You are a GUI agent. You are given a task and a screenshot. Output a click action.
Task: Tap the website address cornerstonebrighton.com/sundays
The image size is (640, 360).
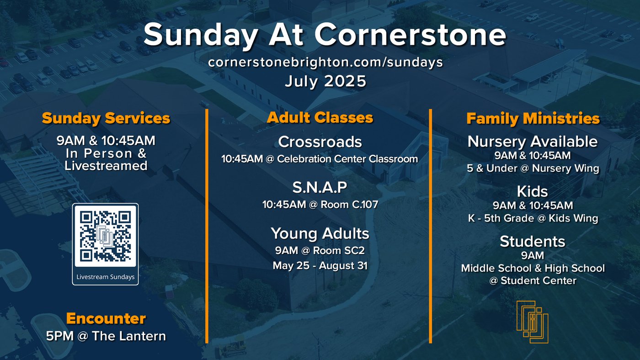(x=325, y=62)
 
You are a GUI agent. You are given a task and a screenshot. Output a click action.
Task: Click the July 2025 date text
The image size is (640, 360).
(x=325, y=81)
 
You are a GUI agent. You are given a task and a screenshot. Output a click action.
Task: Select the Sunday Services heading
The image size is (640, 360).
(x=106, y=118)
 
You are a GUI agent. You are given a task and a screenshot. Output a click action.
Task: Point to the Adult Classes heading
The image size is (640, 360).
(x=320, y=117)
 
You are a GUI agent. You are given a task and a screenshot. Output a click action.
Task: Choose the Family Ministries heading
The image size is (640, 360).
(x=533, y=118)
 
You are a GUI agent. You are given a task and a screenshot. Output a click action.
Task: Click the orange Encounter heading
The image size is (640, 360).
(x=106, y=318)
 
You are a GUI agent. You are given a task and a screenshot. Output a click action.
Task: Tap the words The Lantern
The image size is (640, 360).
(x=129, y=336)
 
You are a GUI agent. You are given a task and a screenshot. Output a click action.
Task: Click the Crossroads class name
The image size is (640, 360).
(x=320, y=142)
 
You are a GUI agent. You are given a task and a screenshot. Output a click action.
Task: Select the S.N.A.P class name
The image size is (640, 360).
(x=320, y=187)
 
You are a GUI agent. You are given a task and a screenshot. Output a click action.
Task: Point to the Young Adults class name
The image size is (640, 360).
(x=320, y=233)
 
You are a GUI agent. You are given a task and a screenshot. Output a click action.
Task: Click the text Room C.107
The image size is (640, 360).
(x=349, y=204)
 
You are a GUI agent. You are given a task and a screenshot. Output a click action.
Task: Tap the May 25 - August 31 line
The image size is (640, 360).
(x=320, y=265)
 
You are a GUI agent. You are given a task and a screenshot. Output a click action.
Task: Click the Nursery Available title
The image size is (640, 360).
(x=533, y=142)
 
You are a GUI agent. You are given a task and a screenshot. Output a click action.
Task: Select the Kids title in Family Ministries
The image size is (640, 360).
(x=532, y=191)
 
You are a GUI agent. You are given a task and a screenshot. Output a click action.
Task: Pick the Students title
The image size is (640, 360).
(x=533, y=242)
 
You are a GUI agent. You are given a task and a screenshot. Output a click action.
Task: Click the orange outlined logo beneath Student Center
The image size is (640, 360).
(x=533, y=322)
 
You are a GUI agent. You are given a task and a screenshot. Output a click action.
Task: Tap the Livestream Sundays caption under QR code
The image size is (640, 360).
(x=106, y=277)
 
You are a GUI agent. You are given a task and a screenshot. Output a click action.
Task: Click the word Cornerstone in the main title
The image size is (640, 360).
(x=411, y=35)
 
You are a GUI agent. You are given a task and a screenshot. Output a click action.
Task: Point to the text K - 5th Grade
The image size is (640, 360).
(x=501, y=218)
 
